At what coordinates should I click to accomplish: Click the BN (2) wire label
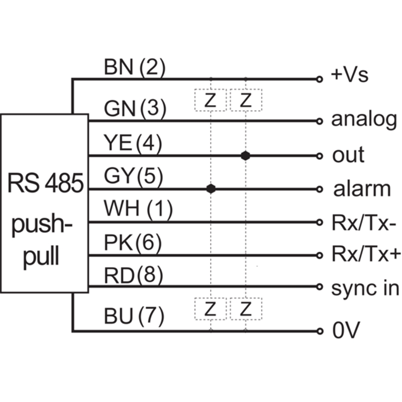coord(134,67)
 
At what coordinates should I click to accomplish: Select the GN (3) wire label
coord(134,109)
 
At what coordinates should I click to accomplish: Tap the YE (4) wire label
coord(133,144)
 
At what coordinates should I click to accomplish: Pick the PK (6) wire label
coord(133,244)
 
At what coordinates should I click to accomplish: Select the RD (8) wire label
coord(133,276)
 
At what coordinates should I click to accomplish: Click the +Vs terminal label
coord(350,76)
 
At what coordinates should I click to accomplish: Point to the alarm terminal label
coord(362,189)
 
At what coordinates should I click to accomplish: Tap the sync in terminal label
coord(365,288)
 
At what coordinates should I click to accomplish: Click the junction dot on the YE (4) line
coord(245,155)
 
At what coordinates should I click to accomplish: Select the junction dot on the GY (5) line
coord(211,189)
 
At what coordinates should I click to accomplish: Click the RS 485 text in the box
coord(45,184)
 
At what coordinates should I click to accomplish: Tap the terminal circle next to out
coord(319,155)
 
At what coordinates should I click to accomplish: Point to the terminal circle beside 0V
coord(319,331)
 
